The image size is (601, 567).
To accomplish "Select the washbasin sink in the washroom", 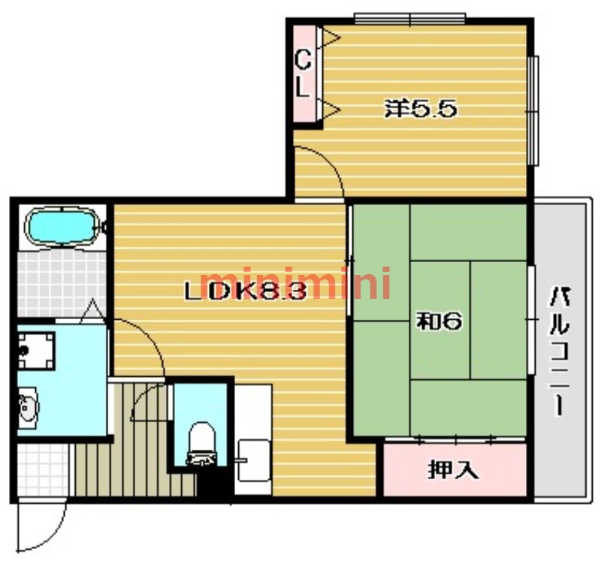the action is click(x=28, y=406).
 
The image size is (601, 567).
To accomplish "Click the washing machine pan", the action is click(x=36, y=351).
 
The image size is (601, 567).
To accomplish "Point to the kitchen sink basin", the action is click(x=253, y=460).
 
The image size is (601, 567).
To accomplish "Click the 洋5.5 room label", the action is click(x=421, y=109).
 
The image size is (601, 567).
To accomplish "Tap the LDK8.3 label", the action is click(x=246, y=292).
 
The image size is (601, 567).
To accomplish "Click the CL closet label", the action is click(x=303, y=74).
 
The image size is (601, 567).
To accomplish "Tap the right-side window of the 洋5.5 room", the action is click(x=533, y=110).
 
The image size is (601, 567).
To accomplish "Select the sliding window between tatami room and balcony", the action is click(x=530, y=319).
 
